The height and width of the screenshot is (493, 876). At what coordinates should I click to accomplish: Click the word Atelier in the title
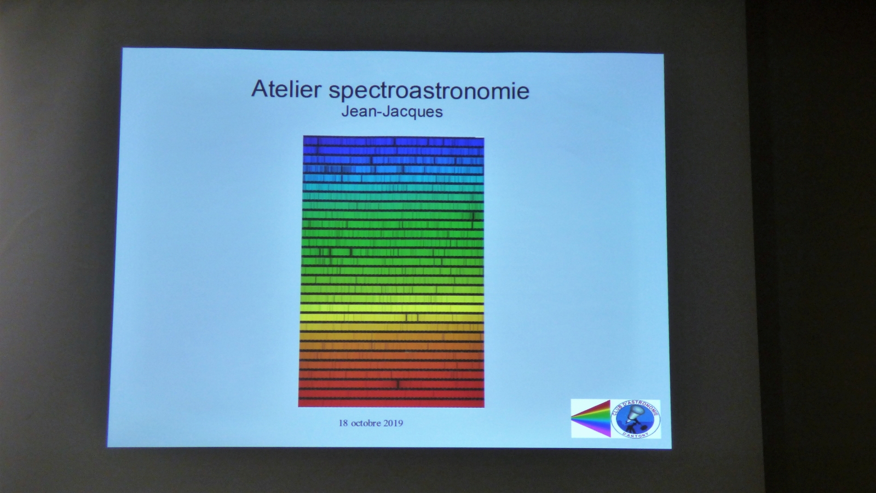(286, 88)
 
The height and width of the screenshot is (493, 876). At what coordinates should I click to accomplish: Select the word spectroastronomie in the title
(429, 91)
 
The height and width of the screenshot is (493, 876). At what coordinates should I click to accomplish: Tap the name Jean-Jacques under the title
(392, 112)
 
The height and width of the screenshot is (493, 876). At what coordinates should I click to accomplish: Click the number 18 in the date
(343, 423)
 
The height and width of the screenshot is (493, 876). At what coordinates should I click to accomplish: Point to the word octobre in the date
(365, 423)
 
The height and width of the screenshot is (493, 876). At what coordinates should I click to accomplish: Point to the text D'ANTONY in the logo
(636, 435)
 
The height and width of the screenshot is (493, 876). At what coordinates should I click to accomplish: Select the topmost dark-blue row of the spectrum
(394, 141)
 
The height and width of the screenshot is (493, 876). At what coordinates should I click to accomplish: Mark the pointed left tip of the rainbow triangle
(572, 418)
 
